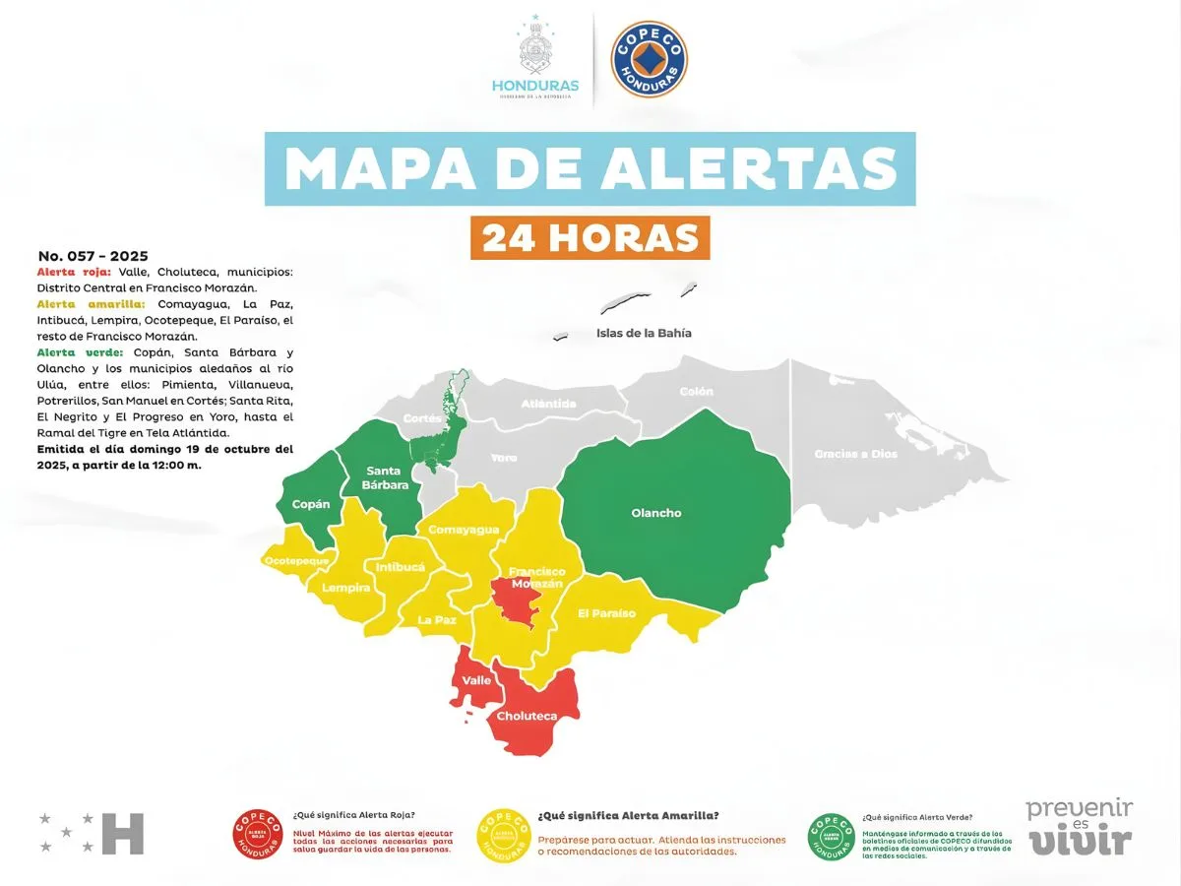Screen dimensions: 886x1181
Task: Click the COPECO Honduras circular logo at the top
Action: [650, 60]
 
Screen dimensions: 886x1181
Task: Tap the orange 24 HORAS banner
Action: [590, 237]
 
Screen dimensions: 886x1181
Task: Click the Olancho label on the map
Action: [656, 513]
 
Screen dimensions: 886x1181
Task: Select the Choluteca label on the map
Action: [527, 717]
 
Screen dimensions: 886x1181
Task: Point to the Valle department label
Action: [476, 680]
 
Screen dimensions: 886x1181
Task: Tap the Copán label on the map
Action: [311, 504]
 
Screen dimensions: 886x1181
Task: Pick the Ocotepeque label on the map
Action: [296, 561]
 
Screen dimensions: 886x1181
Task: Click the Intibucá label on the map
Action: [401, 567]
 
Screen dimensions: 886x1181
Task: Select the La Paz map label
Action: [436, 620]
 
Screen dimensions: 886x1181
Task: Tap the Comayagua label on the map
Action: [463, 530]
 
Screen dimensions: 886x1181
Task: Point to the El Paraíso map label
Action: [606, 613]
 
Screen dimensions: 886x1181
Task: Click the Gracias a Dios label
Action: [855, 454]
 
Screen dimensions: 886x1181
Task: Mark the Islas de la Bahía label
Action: [644, 333]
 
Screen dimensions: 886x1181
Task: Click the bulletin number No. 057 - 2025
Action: [93, 256]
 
